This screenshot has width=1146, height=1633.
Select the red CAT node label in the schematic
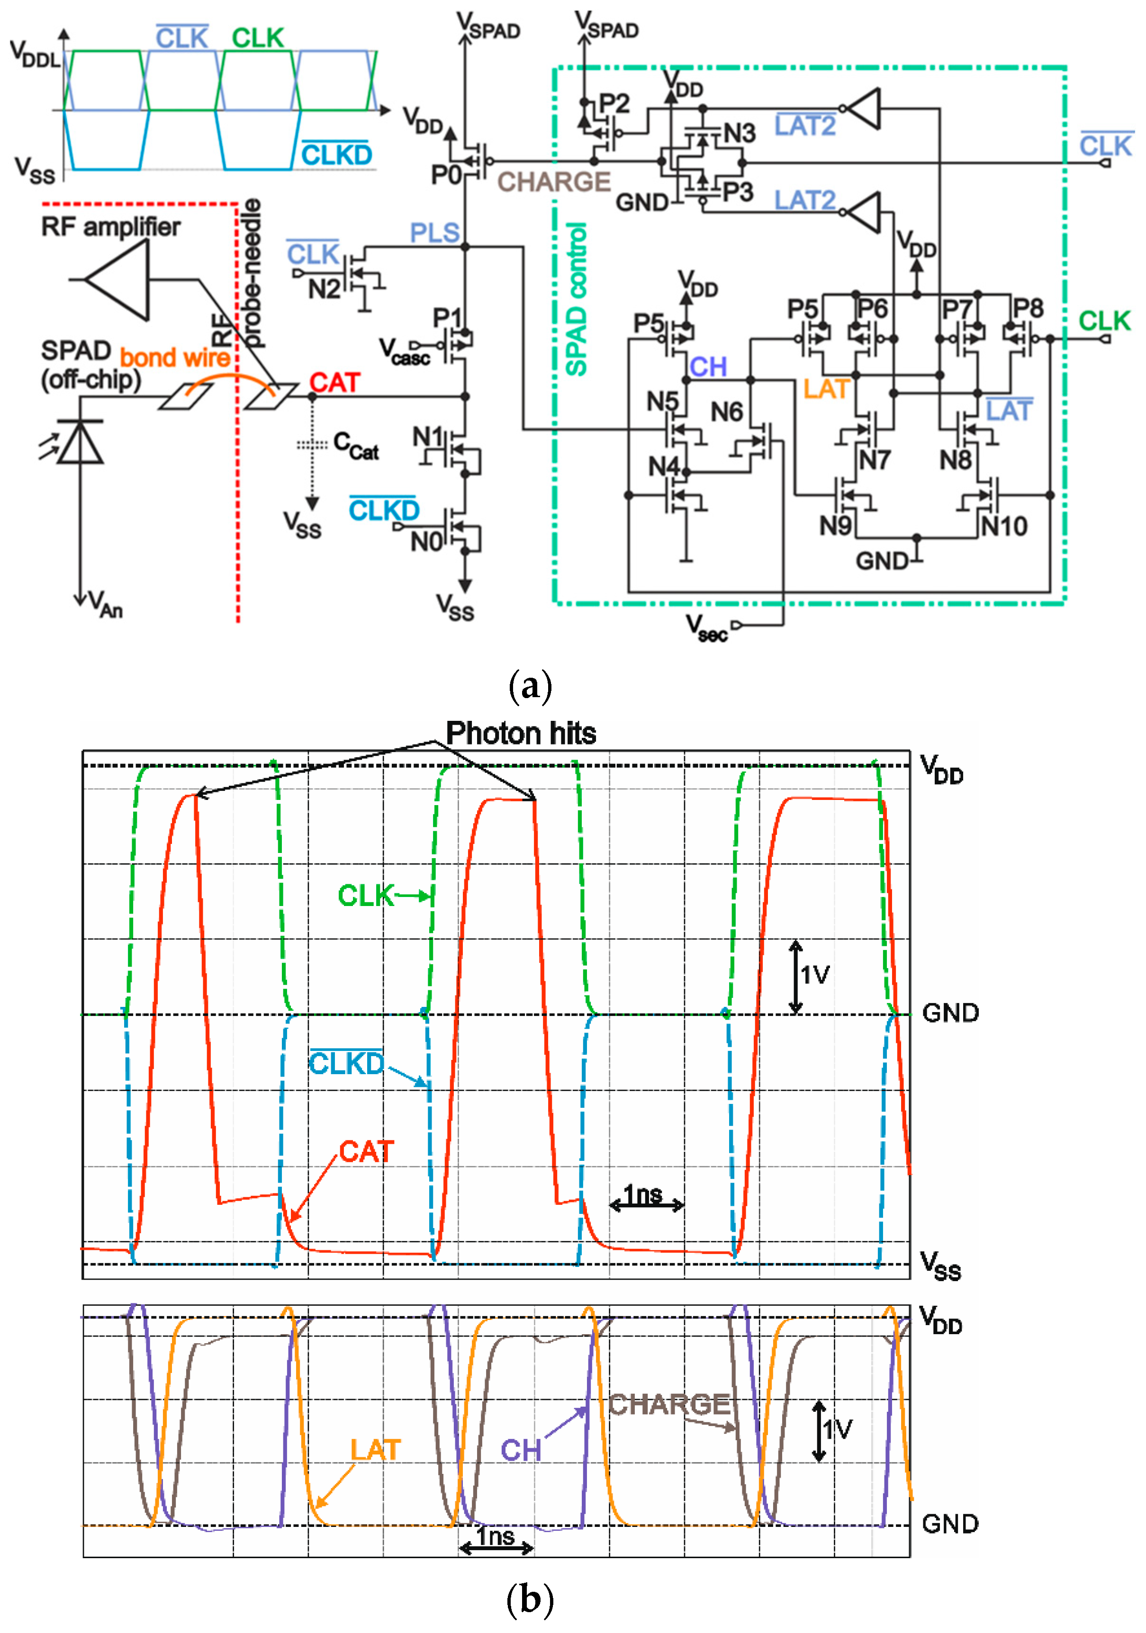(334, 383)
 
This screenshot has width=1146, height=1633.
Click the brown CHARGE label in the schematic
(553, 182)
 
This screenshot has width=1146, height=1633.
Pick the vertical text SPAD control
(576, 299)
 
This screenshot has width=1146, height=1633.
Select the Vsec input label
(706, 628)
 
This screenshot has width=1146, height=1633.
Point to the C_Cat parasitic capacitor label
(356, 446)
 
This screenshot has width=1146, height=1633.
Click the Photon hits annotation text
(521, 733)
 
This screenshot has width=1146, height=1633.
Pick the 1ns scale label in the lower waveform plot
(496, 1536)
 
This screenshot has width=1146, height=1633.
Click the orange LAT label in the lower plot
(376, 1450)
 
